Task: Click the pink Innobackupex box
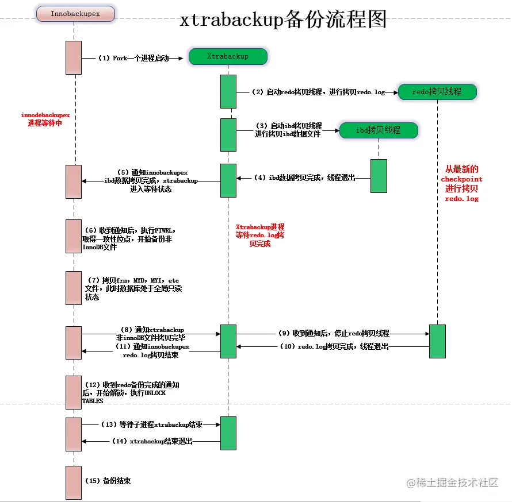[x=75, y=14]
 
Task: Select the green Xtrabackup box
[x=228, y=56]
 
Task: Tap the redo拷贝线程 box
[x=437, y=91]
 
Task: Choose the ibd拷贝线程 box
[x=378, y=130]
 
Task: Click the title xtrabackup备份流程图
[x=283, y=20]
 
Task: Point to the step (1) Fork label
[x=134, y=58]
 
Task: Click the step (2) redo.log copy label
[x=318, y=92]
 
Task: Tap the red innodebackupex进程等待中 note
[x=45, y=119]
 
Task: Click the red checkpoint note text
[x=461, y=184]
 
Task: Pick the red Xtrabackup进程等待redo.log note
[x=260, y=235]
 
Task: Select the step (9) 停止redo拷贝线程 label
[x=333, y=333]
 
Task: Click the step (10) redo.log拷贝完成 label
[x=334, y=347]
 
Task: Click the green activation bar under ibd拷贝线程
[x=379, y=176]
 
